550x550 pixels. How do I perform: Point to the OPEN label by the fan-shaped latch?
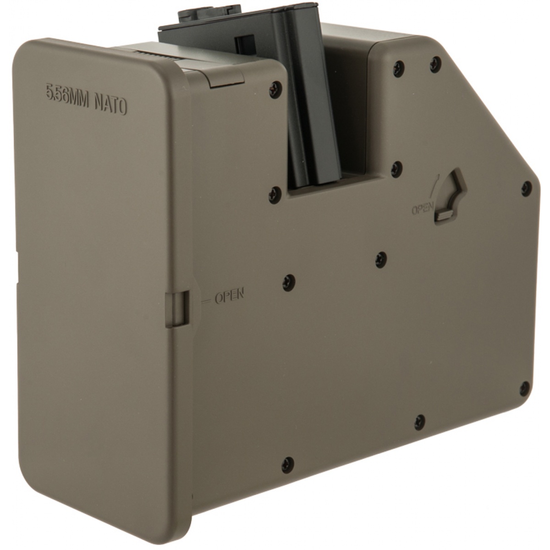[423, 210]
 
